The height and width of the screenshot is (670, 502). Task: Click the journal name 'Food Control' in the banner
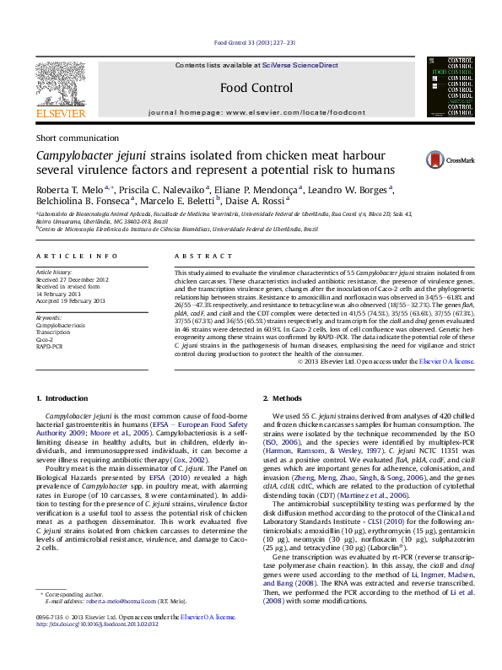point(256,88)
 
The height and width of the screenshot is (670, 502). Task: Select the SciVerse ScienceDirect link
point(300,65)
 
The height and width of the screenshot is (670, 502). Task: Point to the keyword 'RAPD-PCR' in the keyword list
point(51,346)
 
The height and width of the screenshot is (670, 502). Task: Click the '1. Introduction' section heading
point(66,397)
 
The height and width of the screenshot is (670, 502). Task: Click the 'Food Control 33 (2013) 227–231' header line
point(255,42)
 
